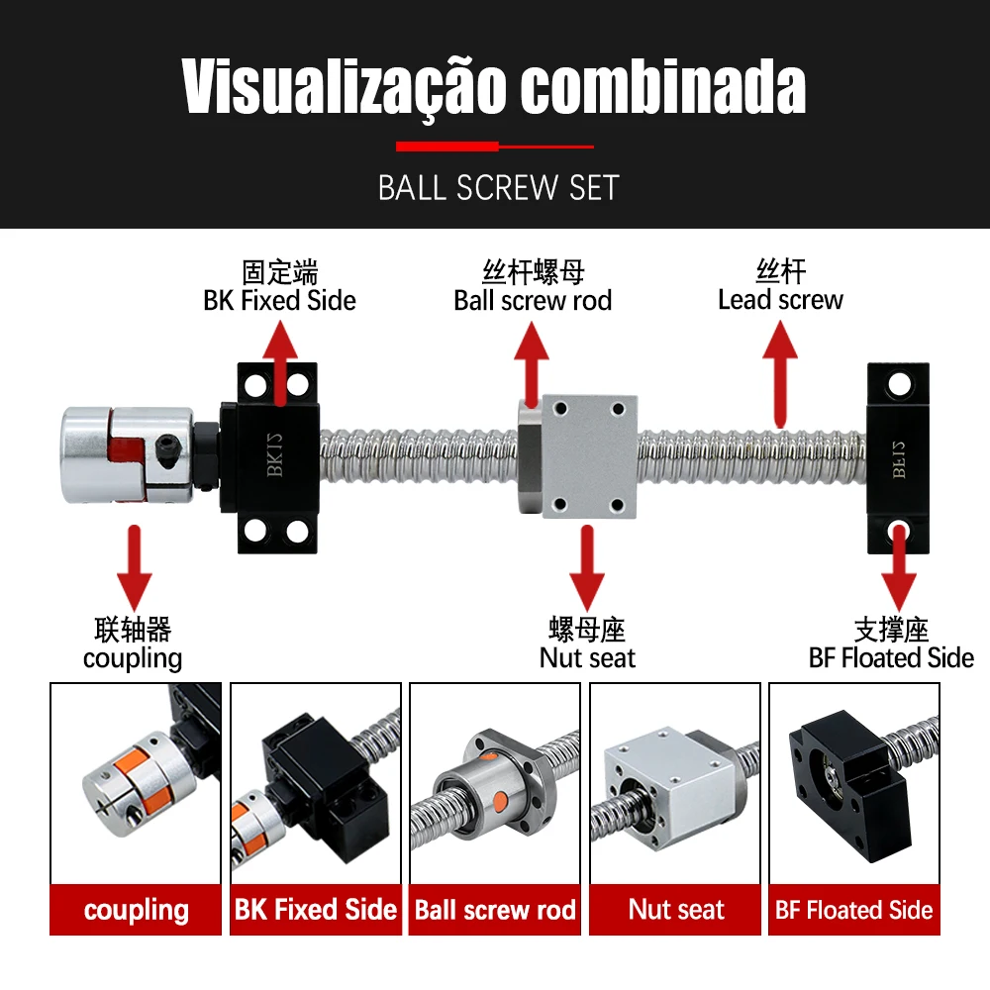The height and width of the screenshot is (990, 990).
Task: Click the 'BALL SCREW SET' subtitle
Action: pyautogui.click(x=499, y=187)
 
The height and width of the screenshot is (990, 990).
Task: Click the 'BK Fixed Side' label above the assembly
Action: pyautogui.click(x=280, y=301)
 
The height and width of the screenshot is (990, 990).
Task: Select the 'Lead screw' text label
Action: pyautogui.click(x=780, y=299)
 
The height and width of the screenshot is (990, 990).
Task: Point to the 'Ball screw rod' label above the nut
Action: pyautogui.click(x=533, y=301)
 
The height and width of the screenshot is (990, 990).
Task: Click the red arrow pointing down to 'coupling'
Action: pyautogui.click(x=134, y=566)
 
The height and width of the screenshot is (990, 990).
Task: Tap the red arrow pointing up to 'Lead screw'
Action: pyautogui.click(x=780, y=373)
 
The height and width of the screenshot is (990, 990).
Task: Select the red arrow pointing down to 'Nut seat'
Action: pyautogui.click(x=587, y=566)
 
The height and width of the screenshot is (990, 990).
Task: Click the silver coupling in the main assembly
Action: pyautogui.click(x=127, y=454)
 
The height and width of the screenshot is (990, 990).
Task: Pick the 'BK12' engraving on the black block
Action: pyautogui.click(x=274, y=454)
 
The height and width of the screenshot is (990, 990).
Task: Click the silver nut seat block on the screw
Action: pyautogui.click(x=589, y=455)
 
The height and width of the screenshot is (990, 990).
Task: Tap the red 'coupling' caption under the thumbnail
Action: pyautogui.click(x=136, y=909)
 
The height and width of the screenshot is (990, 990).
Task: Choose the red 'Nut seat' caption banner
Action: pyautogui.click(x=675, y=909)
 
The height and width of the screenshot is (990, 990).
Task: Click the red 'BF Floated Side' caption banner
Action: pyautogui.click(x=854, y=909)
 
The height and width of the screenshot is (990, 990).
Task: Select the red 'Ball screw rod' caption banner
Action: pyautogui.click(x=495, y=909)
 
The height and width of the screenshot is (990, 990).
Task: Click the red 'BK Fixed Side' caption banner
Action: pyautogui.click(x=316, y=909)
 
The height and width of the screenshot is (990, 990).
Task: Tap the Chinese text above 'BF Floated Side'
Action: pyautogui.click(x=891, y=630)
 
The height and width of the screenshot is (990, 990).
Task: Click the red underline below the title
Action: pyautogui.click(x=495, y=147)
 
